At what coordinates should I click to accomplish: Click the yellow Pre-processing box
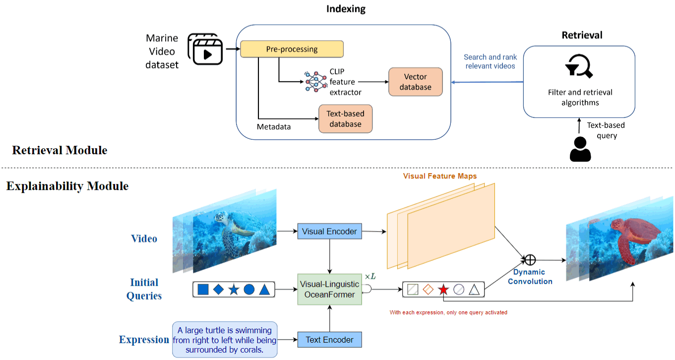[x=292, y=49]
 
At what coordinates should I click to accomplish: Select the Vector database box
[x=415, y=82]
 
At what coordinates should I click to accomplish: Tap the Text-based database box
[x=345, y=119]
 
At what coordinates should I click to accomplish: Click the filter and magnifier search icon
[x=579, y=67]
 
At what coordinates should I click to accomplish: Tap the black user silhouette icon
[x=580, y=149]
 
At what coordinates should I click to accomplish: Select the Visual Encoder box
[x=329, y=231]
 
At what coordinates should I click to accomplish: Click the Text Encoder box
[x=329, y=340]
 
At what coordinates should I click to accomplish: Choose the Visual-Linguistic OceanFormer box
[x=329, y=289]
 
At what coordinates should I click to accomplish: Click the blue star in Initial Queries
[x=234, y=290]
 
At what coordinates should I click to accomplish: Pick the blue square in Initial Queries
[x=203, y=290]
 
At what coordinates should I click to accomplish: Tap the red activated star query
[x=443, y=290]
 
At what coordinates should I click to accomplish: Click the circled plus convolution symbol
[x=531, y=259]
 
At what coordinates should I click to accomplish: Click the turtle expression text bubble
[x=224, y=340]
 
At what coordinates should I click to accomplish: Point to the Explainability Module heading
[x=67, y=186]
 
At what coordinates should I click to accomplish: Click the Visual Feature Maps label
[x=440, y=176]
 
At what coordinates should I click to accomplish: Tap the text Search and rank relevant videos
[x=490, y=61]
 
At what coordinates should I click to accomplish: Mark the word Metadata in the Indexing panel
[x=274, y=127]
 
